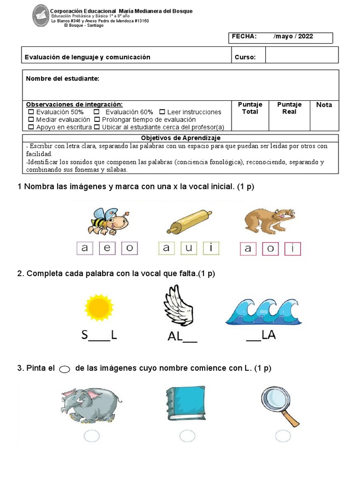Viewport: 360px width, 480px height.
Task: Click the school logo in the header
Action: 41,15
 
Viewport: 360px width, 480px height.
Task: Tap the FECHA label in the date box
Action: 244,37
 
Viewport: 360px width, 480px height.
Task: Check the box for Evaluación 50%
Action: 31,112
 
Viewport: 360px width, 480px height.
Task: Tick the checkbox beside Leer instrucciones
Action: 162,112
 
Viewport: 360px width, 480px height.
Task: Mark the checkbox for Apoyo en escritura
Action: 31,127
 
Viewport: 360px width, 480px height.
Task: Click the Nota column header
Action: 324,105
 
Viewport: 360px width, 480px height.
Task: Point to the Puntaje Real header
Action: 289,108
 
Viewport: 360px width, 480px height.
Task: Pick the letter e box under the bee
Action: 107,248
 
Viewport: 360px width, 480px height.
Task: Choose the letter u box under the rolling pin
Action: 189,248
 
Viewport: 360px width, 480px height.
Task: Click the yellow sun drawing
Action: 99,308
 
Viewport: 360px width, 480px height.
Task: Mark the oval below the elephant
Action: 92,436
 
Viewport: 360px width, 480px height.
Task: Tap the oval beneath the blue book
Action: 187,436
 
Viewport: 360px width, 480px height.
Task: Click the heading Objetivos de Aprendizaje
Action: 180,138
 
